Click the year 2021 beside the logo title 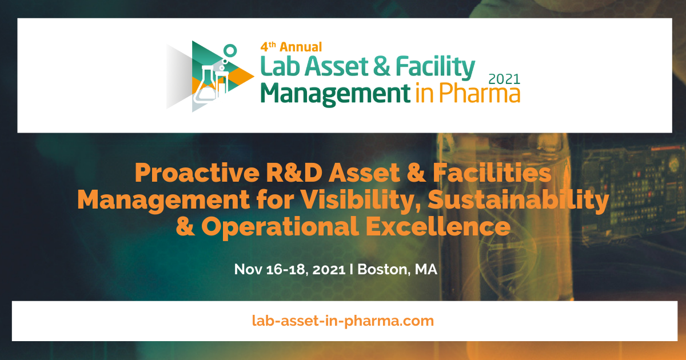click(504, 79)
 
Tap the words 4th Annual click(292, 47)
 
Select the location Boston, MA click(397, 269)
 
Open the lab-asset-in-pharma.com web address click(343, 321)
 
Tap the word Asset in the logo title click(334, 67)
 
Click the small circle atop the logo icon click(230, 50)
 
